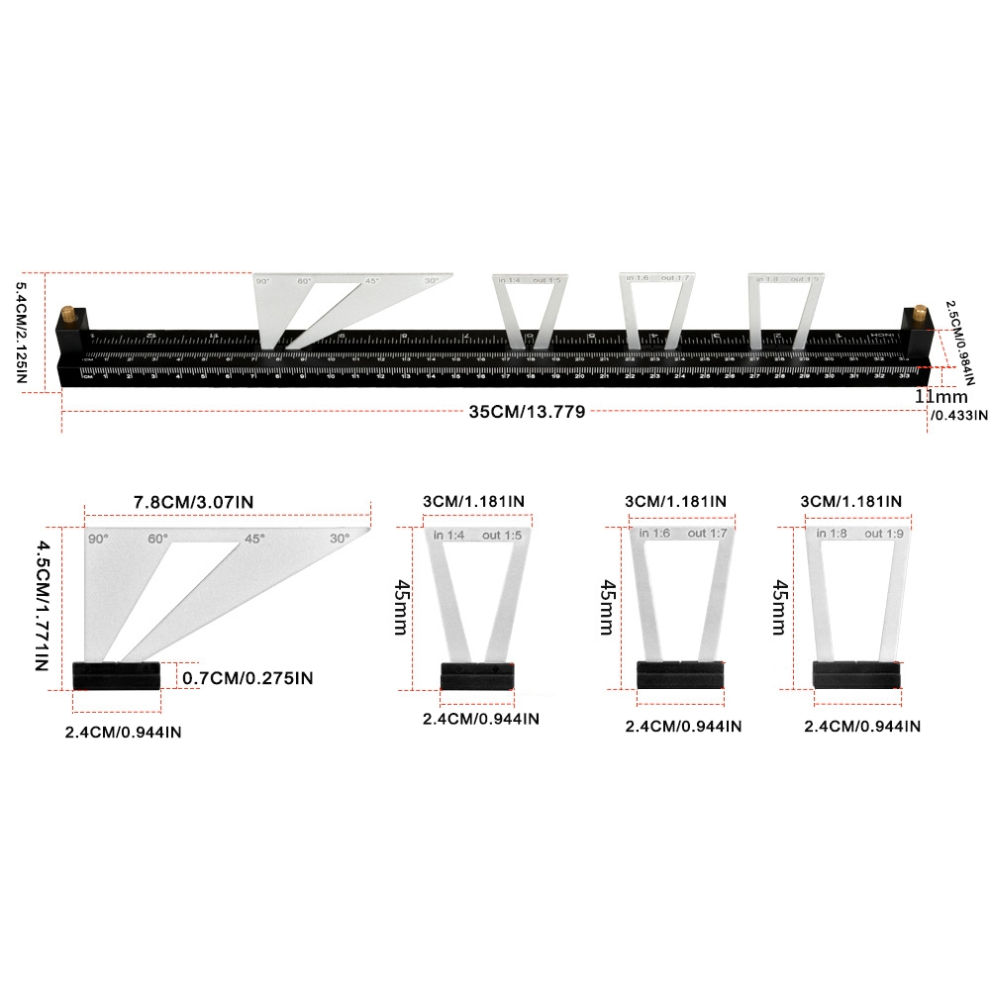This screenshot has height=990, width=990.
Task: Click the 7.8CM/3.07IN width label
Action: pyautogui.click(x=194, y=503)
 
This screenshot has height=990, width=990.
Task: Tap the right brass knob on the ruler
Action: pyautogui.click(x=919, y=314)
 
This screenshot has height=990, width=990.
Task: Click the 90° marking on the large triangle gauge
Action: pyautogui.click(x=98, y=540)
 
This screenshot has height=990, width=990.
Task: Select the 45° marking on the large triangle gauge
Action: pyautogui.click(x=254, y=540)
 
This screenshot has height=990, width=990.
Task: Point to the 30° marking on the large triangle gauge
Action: pyautogui.click(x=340, y=540)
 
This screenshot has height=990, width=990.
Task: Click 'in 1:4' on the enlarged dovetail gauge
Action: pyautogui.click(x=450, y=536)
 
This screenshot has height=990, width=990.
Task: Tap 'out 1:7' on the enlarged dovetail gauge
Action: pyautogui.click(x=708, y=534)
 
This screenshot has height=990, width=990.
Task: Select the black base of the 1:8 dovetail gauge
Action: pyautogui.click(x=855, y=674)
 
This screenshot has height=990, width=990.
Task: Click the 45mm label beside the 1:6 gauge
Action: pyautogui.click(x=606, y=607)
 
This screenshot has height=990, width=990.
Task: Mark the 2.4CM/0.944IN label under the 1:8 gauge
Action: pyautogui.click(x=862, y=726)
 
